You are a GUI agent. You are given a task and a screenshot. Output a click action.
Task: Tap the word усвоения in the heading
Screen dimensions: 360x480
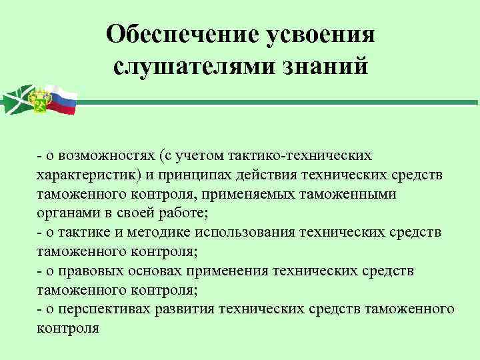pos(320,35)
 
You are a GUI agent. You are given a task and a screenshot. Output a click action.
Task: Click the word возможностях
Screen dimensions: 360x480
pos(106,155)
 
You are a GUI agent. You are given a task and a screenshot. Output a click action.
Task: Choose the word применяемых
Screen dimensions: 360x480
pos(269,193)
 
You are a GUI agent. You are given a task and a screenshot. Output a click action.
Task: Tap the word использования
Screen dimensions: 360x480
pos(249,232)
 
